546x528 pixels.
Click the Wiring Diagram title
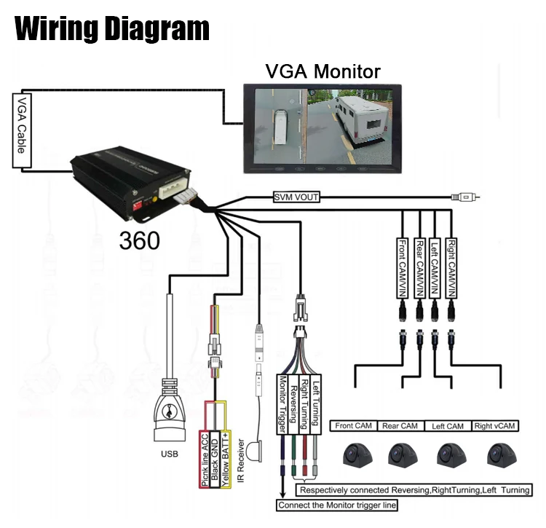(112, 29)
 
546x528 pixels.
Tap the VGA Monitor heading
(323, 71)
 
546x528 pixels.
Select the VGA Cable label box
(22, 130)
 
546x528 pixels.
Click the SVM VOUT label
(296, 197)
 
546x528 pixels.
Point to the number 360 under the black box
(139, 240)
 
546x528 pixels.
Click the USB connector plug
(170, 410)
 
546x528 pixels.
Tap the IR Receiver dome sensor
(254, 452)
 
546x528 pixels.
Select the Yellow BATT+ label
(226, 459)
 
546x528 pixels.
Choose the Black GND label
(215, 459)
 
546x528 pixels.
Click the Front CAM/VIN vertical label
(402, 268)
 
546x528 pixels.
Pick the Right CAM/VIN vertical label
(451, 268)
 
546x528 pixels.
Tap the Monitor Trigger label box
(282, 404)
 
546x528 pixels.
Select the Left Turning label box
(315, 404)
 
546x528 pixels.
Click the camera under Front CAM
(357, 454)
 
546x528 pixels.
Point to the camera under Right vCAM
(502, 454)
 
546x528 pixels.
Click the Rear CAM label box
(400, 426)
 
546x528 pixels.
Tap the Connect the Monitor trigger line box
(337, 505)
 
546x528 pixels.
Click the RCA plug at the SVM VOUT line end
(465, 197)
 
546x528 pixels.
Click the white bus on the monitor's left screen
(281, 127)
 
